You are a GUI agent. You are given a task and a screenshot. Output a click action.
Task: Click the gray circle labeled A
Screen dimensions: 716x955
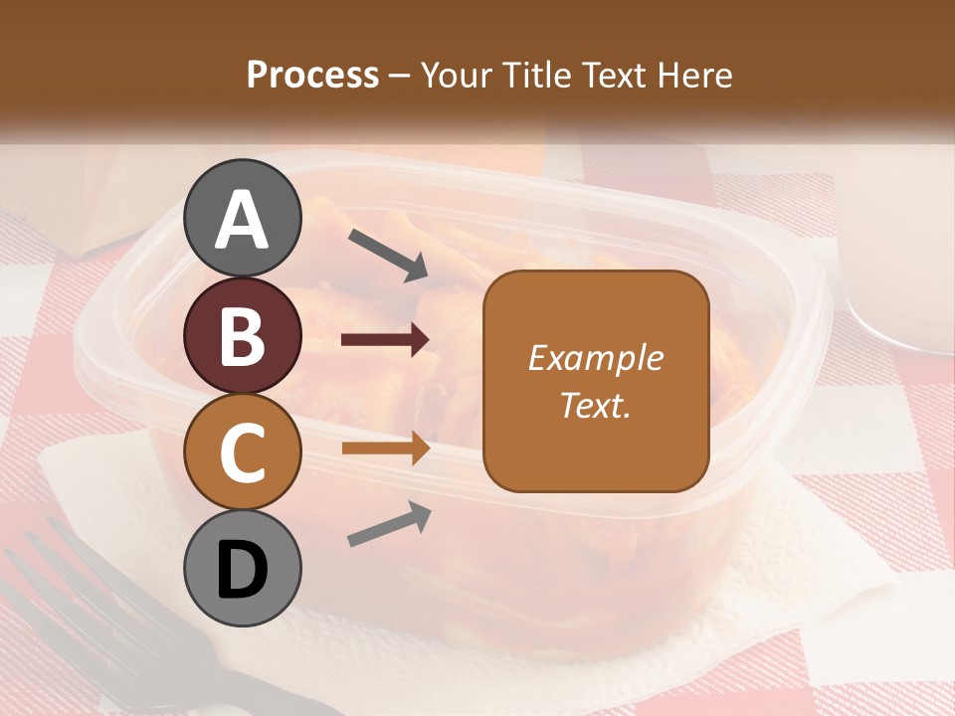pos(243,218)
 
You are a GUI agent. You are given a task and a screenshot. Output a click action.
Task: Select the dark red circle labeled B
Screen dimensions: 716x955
pos(243,335)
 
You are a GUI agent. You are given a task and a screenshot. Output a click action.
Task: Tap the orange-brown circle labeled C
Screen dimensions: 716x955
pos(243,451)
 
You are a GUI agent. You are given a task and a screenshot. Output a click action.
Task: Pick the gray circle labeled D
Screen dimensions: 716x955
pos(243,568)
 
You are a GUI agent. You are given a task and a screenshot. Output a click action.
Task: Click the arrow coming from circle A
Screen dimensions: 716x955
pos(388,255)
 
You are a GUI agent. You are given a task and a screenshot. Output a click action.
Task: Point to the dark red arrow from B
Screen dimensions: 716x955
pos(385,340)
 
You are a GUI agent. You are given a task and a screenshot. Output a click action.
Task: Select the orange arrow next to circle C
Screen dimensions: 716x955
pos(385,448)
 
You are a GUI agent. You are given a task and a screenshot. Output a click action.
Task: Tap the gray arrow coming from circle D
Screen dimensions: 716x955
pos(389,524)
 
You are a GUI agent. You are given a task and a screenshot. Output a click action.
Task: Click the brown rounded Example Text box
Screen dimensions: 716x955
pos(596,382)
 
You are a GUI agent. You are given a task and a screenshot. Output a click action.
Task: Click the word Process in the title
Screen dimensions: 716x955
pos(312,76)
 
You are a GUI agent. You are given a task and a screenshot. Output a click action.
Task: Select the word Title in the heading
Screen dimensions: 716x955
pos(537,76)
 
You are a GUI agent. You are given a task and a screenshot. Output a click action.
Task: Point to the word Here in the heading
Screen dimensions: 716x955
pos(695,76)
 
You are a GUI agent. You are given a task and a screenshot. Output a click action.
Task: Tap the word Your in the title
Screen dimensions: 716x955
pos(458,76)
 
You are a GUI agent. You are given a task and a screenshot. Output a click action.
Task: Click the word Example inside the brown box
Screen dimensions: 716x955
pos(595,358)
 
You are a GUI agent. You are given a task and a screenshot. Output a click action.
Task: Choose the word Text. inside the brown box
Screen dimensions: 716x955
pos(595,405)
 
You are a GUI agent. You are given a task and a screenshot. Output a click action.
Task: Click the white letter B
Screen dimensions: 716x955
pos(243,336)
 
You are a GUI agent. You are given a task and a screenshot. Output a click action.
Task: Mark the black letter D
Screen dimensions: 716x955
pos(243,570)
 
